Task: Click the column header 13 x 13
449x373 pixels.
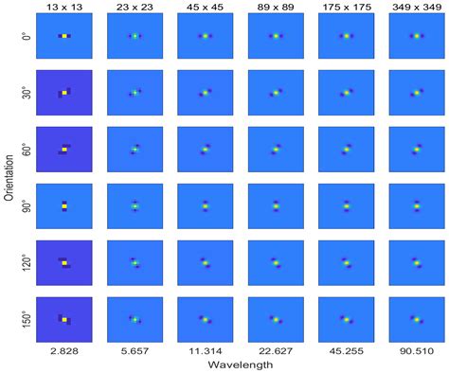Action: (x=63, y=8)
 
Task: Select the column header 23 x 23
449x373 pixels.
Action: (x=134, y=8)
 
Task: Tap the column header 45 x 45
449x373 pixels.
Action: (x=204, y=8)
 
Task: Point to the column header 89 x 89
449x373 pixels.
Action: (x=275, y=8)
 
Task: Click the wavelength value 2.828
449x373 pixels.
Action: (x=63, y=352)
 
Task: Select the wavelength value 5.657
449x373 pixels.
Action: (x=134, y=352)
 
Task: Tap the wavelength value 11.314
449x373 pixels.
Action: (x=204, y=352)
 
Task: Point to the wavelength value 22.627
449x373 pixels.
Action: (x=275, y=352)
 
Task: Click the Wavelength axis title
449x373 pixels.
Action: (x=240, y=365)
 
